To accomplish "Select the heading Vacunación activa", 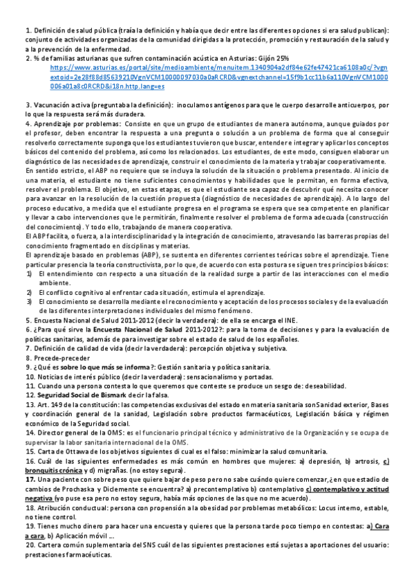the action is click(65, 104).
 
